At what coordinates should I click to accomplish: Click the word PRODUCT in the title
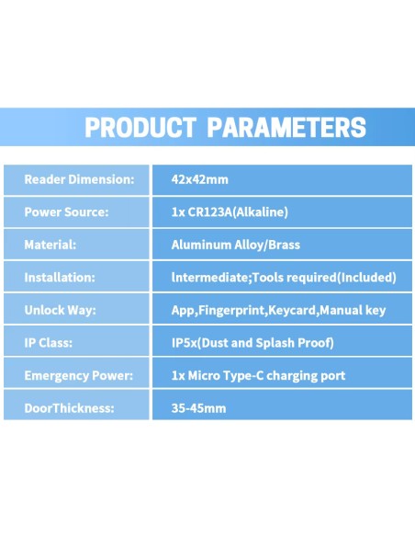tap(140, 128)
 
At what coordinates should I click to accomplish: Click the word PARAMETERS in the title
tap(286, 128)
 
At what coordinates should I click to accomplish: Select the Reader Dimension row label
tap(79, 179)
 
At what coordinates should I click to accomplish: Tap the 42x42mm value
tap(199, 179)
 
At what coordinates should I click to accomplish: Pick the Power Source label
tap(66, 212)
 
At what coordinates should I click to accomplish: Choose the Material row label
tap(50, 245)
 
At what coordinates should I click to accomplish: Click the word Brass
tap(285, 245)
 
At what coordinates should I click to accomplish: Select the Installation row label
tap(60, 278)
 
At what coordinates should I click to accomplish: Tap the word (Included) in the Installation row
tap(367, 278)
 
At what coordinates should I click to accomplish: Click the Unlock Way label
tap(61, 310)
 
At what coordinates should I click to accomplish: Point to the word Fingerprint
tap(232, 311)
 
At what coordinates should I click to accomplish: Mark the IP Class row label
tap(48, 343)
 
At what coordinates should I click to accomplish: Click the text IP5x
tap(185, 343)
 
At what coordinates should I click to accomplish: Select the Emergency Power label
tap(79, 376)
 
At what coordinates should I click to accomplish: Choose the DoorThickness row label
tap(69, 408)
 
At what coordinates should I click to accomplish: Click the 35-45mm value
tap(198, 408)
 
